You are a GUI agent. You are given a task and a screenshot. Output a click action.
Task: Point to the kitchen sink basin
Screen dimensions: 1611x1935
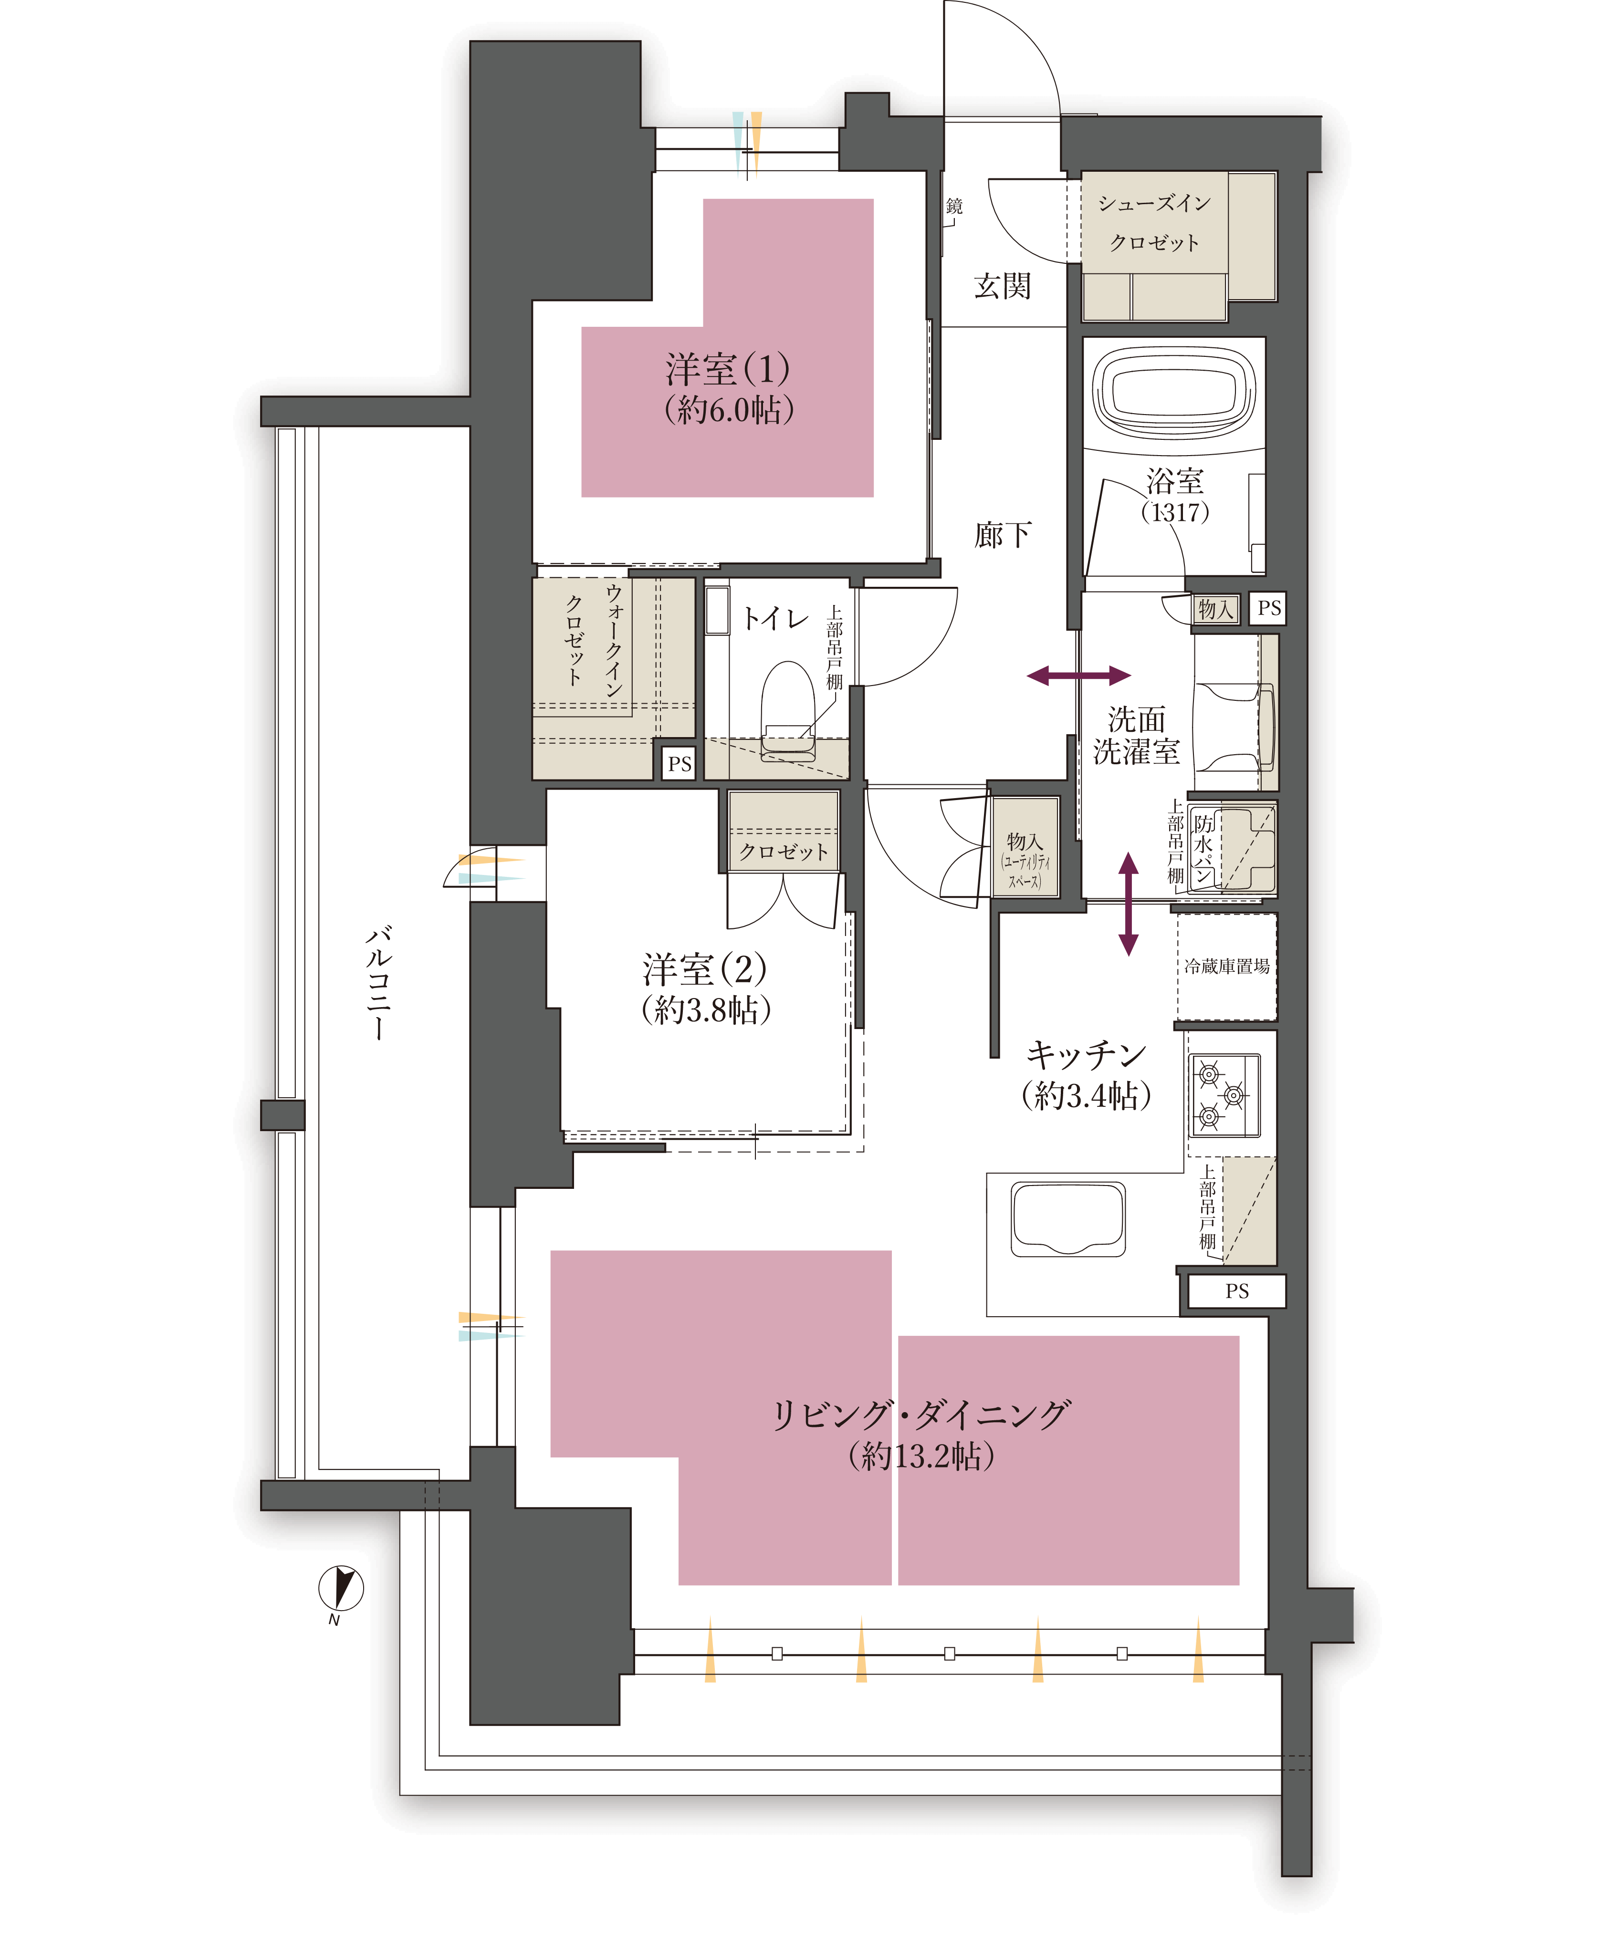[x=1068, y=1219]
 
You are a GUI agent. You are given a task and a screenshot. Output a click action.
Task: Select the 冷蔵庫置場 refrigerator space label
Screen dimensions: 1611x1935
[x=1227, y=966]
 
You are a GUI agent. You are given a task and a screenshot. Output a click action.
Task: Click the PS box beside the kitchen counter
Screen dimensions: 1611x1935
[x=1237, y=1291]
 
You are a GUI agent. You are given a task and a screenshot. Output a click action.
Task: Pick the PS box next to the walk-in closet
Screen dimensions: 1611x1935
[x=679, y=763]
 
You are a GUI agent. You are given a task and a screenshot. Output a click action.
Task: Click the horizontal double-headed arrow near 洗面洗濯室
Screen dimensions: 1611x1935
[x=1078, y=676]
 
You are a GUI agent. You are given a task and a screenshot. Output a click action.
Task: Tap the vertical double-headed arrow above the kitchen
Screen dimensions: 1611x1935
[x=1128, y=903]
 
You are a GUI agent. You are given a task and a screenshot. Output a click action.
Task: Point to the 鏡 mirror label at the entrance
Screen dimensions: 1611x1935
[x=954, y=207]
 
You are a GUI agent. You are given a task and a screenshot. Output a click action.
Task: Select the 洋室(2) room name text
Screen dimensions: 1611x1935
[x=704, y=969]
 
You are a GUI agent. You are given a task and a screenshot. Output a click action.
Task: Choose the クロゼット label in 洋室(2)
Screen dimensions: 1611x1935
[x=784, y=852]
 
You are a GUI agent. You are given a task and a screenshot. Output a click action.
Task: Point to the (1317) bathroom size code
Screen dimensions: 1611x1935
[x=1174, y=512]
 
